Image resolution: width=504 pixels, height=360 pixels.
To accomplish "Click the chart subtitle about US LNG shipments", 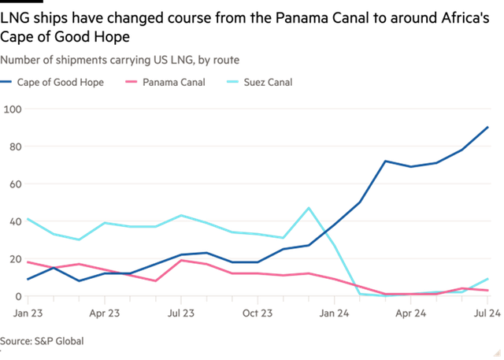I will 120,60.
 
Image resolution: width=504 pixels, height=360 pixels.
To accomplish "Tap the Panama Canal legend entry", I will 169,82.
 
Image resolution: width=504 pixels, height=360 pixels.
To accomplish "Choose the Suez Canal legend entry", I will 265,82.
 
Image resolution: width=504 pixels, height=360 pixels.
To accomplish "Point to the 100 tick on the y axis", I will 13,109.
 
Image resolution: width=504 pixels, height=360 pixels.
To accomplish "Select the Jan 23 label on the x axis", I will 28,313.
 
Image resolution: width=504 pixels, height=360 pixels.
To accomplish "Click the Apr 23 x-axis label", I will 105,313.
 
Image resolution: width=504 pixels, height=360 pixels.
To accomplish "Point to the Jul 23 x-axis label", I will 182,313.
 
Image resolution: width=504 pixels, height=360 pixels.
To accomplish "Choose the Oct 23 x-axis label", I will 258,313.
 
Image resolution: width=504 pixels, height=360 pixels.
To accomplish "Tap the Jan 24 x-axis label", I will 335,313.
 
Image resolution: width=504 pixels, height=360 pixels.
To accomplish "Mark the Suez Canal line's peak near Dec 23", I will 309,208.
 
